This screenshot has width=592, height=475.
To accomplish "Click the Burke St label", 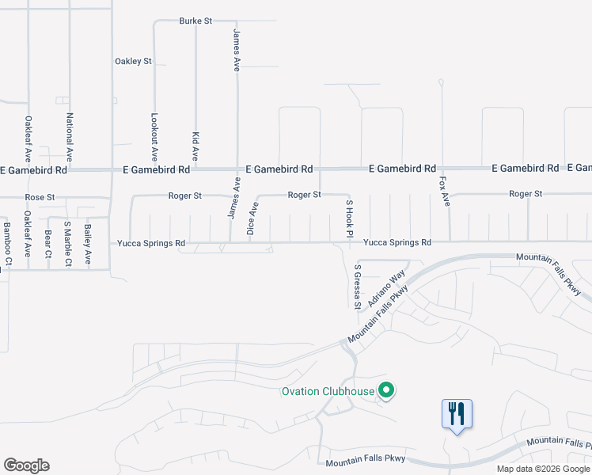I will pos(195,21).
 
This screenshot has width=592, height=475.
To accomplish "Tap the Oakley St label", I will pos(133,61).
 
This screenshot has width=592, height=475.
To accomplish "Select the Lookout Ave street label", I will pos(154,127).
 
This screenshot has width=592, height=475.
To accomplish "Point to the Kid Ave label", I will pos(195,148).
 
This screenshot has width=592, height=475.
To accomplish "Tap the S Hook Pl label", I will pos(348,218).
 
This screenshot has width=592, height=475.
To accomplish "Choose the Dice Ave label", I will pos(254,219).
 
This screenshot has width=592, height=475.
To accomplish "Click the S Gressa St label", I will pos(357,287).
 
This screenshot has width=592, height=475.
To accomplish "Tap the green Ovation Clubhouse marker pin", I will pos(386,390).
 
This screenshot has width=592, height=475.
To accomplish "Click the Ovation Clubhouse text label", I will pos(328,391).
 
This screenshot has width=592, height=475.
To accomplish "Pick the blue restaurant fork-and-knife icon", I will pos(457,414).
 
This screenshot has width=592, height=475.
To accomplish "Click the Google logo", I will pos(26,465).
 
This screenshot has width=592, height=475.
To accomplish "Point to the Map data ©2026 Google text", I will pos(542,469).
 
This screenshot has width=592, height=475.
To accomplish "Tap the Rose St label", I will pos(40,197).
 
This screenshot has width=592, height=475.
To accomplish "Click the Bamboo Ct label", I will pos(7,243).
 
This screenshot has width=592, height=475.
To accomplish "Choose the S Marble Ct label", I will pos(67,243).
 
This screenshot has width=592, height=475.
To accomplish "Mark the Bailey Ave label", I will pos(88,244).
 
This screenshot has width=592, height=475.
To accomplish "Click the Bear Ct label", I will pos(48,245).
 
